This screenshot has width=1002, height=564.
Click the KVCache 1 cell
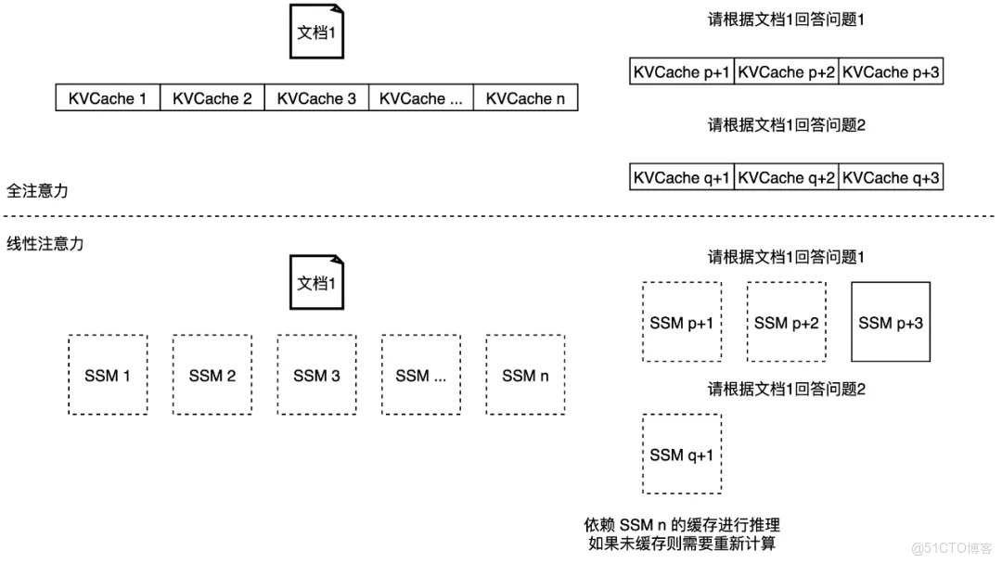[108, 98]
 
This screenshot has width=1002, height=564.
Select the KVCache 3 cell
[316, 98]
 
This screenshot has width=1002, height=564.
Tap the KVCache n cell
[525, 98]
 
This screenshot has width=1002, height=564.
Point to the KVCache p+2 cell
[786, 72]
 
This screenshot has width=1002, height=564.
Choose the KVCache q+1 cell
[682, 178]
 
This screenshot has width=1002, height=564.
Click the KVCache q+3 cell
[891, 178]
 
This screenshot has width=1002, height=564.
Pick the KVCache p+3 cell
[891, 72]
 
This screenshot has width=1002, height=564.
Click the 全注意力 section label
[38, 191]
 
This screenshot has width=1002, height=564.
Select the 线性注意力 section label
[45, 244]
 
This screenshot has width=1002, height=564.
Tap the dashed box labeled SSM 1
[108, 376]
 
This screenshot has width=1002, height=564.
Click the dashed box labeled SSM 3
[316, 376]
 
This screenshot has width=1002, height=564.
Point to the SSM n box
[525, 376]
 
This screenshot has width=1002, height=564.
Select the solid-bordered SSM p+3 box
[891, 323]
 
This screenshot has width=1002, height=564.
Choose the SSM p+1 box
[682, 323]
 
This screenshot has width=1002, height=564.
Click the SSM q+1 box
[682, 455]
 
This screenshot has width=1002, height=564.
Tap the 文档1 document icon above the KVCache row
[316, 32]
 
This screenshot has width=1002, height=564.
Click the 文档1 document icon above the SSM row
[316, 283]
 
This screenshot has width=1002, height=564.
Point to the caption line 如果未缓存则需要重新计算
[682, 544]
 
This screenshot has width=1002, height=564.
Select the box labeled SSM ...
[420, 376]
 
